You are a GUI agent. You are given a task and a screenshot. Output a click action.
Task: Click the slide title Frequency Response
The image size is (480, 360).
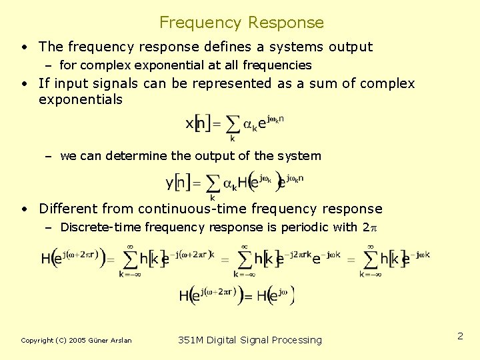(x=241, y=23)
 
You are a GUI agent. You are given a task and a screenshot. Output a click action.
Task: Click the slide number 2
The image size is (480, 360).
(x=460, y=336)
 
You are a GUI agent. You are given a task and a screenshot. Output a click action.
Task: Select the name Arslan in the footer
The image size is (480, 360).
(x=119, y=341)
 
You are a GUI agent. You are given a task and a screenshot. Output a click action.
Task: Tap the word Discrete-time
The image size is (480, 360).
(x=100, y=227)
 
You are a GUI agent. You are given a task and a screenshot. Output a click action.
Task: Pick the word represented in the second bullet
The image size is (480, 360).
(x=233, y=83)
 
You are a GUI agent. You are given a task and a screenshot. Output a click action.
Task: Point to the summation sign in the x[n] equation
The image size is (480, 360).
(x=232, y=124)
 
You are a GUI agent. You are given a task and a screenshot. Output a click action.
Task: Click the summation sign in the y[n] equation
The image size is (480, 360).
(x=212, y=182)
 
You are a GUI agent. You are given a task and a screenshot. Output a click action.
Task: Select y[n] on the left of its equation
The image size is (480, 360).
(x=178, y=181)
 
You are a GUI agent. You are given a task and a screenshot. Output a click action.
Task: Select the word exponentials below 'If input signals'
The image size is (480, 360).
(x=81, y=99)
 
